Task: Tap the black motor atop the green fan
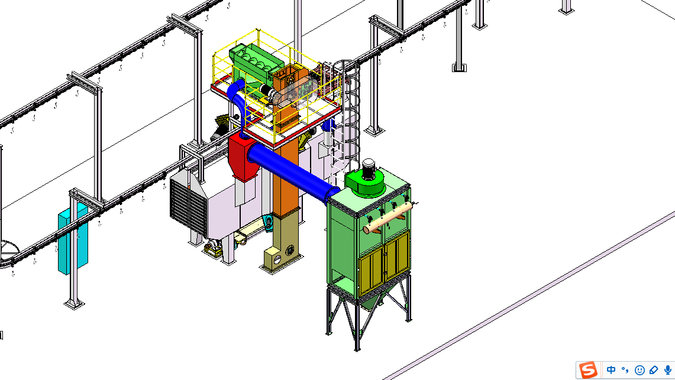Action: (x=368, y=170)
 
